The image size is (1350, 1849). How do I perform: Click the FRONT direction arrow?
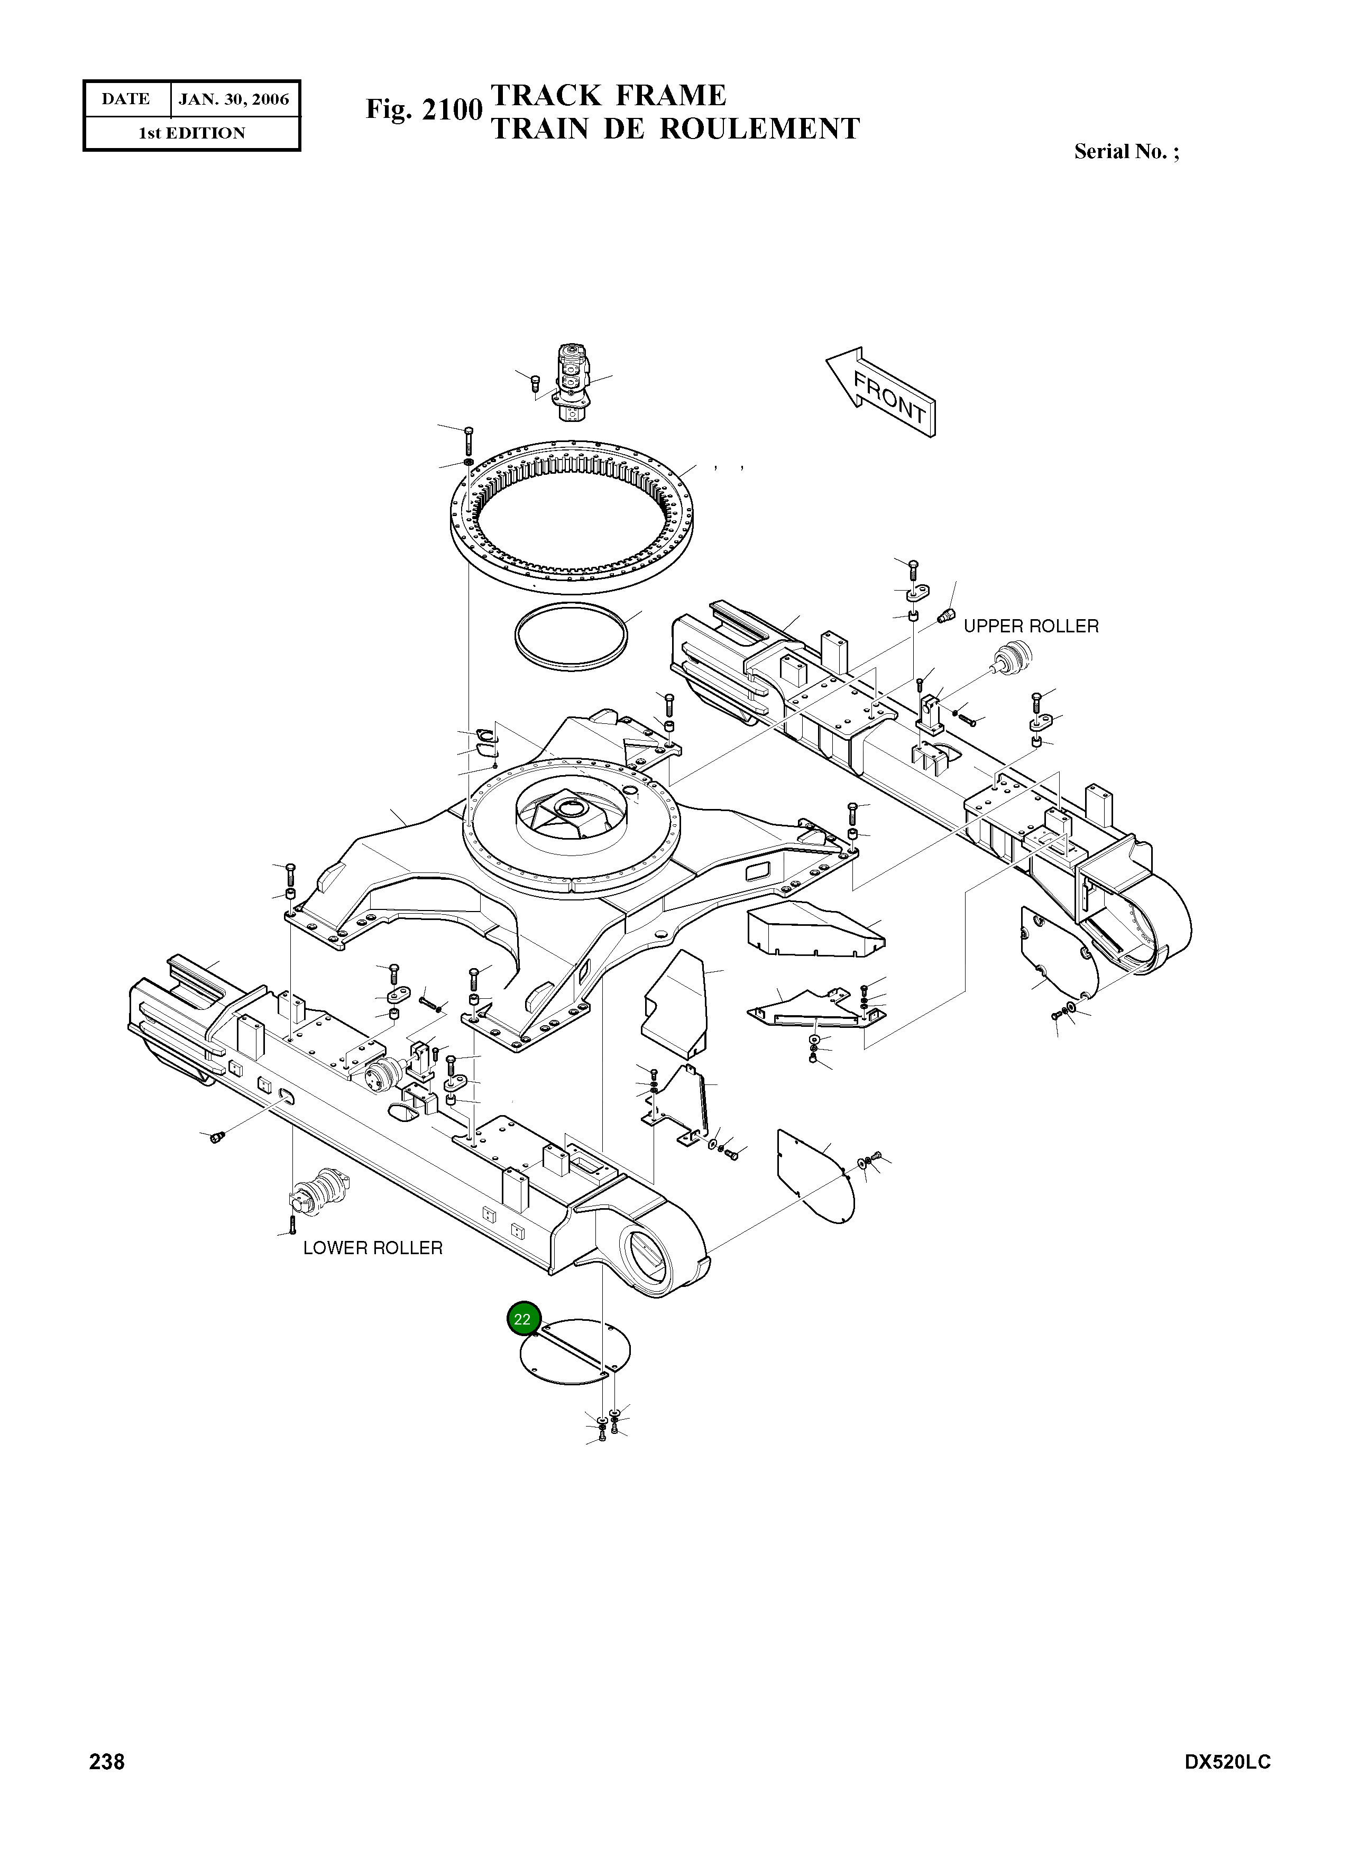(881, 394)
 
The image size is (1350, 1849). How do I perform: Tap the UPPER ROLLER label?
(1031, 627)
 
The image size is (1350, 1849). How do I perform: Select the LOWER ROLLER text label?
(373, 1248)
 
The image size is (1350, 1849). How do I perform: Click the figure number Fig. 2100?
(424, 109)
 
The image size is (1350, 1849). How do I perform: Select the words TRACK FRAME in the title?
(608, 96)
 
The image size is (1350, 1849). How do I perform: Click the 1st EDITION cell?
(191, 133)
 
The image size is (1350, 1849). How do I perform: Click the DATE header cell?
(126, 100)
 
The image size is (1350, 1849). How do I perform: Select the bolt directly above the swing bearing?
(469, 440)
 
